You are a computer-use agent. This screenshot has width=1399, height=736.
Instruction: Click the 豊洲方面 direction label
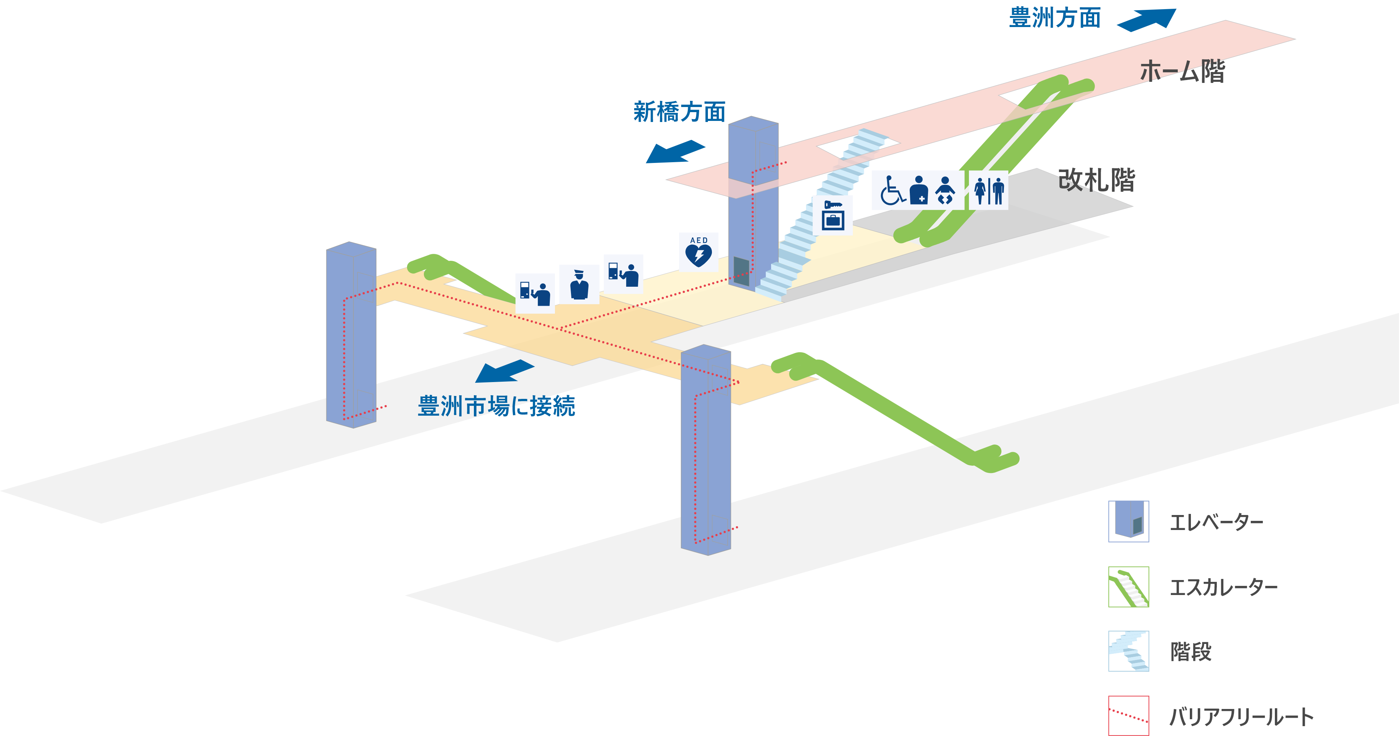coord(1055,18)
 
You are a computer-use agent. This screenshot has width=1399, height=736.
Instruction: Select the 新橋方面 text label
coord(679,112)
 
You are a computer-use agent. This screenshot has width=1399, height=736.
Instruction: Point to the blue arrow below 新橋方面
coord(675,152)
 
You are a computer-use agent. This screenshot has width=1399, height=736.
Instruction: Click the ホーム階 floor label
coord(1182,71)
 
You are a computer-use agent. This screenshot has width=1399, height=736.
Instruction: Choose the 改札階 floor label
coord(1096,180)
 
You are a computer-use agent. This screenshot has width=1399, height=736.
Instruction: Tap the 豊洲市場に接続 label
coord(496,406)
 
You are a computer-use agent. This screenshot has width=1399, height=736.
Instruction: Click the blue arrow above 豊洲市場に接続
coord(503,371)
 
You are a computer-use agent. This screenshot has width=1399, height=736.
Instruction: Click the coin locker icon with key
coord(832,215)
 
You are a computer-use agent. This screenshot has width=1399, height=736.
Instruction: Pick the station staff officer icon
coord(579,284)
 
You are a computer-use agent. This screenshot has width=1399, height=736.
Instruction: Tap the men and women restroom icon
coord(988,190)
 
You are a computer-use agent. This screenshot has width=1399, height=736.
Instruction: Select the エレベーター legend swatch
coord(1128,521)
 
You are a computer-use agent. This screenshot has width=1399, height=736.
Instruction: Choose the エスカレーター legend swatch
coord(1128,587)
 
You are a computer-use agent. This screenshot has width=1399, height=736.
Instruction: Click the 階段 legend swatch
coord(1128,651)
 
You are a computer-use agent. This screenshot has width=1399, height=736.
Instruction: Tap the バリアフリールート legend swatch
coord(1128,715)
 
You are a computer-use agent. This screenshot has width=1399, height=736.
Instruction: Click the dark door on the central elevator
coord(741,271)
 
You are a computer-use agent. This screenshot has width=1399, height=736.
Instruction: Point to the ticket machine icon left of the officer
coord(535,293)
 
